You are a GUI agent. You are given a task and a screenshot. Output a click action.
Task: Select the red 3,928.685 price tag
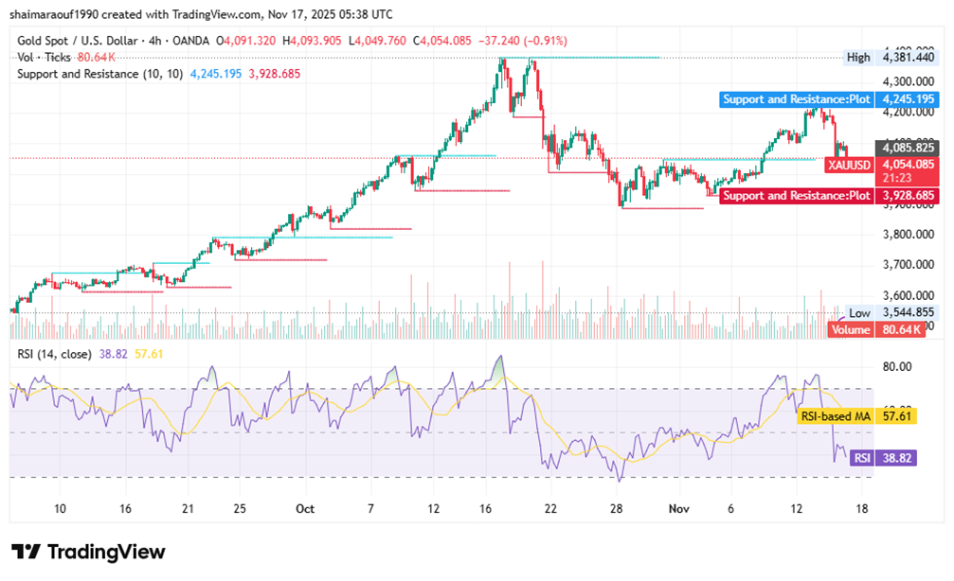pos(908,196)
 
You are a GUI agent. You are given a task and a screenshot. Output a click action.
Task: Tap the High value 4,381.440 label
pos(908,58)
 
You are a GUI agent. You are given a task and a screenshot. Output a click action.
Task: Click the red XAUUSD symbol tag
pos(848,165)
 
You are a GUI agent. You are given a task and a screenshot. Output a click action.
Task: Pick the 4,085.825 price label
pos(908,148)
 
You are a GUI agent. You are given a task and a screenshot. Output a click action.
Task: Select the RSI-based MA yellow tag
pos(834,415)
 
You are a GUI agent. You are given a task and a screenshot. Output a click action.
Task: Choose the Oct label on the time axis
pos(306,508)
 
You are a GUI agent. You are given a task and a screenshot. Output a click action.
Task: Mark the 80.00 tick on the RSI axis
pos(896,367)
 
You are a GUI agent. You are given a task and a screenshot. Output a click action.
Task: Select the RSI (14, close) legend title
pos(54,354)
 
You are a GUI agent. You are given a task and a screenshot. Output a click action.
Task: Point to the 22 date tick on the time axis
pos(550,508)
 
